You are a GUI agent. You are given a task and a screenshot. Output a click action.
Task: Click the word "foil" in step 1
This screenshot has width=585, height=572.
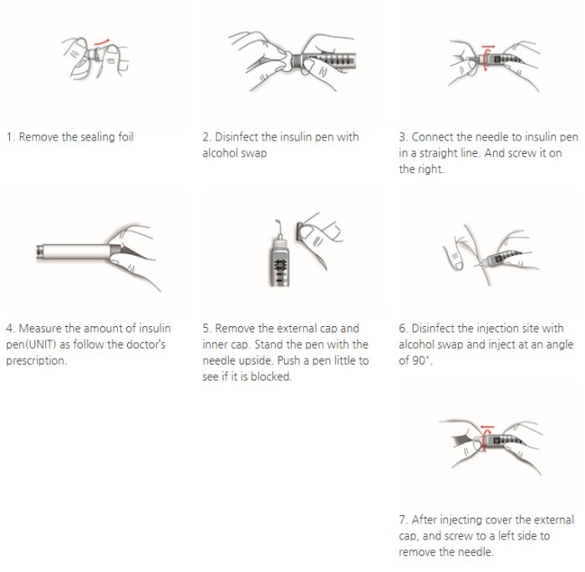coord(125,136)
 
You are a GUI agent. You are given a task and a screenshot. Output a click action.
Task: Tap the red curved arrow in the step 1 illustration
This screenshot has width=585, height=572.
coord(101,42)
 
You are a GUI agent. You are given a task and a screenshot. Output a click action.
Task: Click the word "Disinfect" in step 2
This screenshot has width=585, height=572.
coord(237,136)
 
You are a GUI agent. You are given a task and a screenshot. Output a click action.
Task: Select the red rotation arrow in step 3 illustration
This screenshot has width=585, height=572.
coord(484,58)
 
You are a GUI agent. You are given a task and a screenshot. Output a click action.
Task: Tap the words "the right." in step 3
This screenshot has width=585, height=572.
coord(421,169)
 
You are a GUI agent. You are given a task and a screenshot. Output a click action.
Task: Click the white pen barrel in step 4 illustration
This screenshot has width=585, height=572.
coord(76,251)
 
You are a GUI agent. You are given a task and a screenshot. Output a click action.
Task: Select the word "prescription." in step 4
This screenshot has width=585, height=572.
coord(37,360)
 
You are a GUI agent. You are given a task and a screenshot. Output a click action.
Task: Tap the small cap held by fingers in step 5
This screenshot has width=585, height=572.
coord(299,232)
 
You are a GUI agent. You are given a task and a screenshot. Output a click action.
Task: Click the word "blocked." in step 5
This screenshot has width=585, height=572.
coord(272,376)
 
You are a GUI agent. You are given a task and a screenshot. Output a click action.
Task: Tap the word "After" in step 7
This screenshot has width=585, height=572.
coord(424,519)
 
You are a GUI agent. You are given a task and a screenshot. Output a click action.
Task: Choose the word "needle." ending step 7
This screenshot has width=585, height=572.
coord(476,552)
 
